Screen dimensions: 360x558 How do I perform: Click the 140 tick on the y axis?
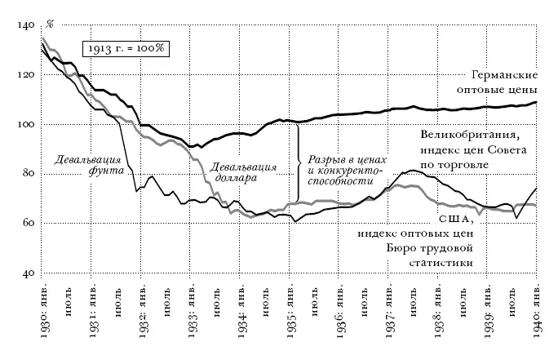[24, 26]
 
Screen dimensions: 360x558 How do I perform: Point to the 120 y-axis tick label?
[24, 75]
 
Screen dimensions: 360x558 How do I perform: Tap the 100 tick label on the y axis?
[24, 125]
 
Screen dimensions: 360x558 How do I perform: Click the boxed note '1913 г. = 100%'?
[126, 48]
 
